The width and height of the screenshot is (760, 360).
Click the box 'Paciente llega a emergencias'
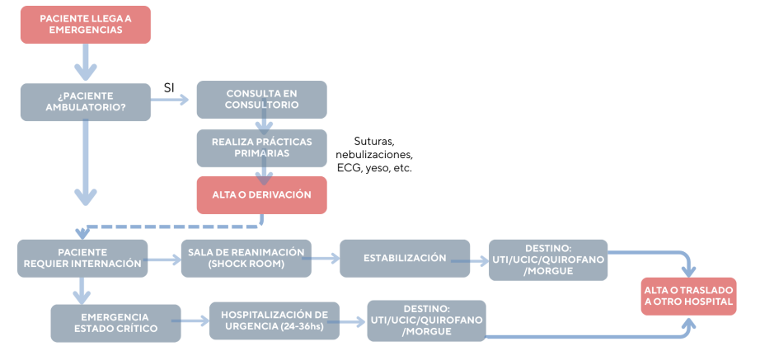pos(86,23)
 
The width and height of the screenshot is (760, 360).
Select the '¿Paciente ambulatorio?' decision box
pos(86,100)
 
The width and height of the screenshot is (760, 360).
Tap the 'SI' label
pos(169,87)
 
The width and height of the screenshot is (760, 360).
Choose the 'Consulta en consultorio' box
pos(261,100)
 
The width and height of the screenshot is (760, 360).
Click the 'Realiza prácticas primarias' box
pos(261,147)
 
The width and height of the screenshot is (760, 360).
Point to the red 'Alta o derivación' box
pos(261,194)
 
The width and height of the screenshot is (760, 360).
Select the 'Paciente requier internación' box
pos(82,258)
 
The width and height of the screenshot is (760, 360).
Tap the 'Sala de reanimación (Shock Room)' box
pos(246,258)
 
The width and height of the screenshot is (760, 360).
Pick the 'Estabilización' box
pos(405,258)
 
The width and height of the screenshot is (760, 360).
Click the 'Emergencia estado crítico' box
pos(115,322)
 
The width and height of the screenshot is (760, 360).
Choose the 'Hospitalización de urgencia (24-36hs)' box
pos(274,320)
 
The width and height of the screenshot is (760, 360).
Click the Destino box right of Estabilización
pos(548,259)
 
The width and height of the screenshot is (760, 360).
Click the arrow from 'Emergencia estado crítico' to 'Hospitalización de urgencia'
pos(195,321)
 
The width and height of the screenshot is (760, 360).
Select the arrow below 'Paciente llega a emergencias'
pos(86,59)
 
